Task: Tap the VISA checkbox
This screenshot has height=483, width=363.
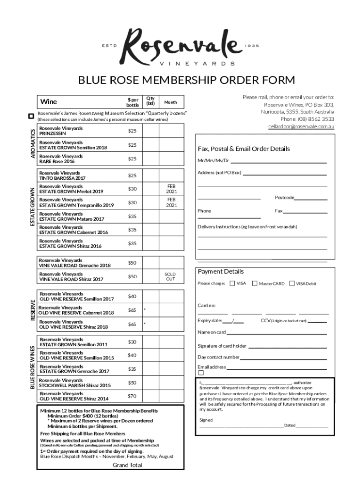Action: coord(232,283)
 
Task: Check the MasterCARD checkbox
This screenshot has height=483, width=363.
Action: coord(255,283)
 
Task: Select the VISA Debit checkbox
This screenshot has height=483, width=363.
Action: coord(292,283)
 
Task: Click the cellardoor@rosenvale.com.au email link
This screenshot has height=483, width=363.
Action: coord(301,126)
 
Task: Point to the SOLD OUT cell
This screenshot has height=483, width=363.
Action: coord(170,276)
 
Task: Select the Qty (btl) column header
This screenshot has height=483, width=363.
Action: coord(150,101)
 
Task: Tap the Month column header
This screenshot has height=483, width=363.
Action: coord(170,102)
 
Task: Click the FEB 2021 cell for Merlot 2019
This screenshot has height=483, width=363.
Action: coord(171,189)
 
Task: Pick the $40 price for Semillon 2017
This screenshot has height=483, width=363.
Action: coord(132,296)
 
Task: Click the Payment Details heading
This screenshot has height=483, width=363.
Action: coord(221,272)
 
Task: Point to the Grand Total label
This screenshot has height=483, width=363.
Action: coord(127,465)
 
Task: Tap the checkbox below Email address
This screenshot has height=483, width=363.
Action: coord(201,373)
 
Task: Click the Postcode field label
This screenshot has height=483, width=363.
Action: coord(284,198)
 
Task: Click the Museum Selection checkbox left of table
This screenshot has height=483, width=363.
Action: coord(31,116)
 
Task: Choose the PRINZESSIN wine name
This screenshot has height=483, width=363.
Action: coord(52,133)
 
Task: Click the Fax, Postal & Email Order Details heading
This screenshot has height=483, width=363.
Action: coord(244,149)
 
